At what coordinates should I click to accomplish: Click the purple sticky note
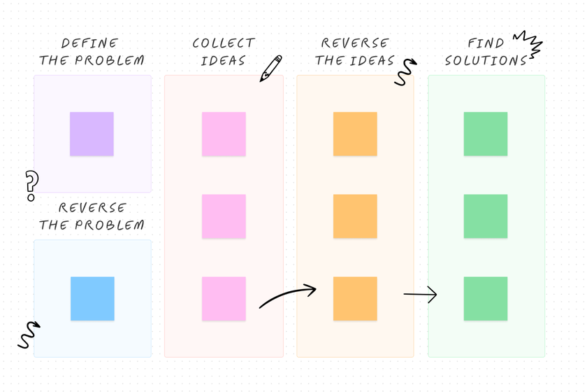(92, 134)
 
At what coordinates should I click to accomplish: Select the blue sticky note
(92, 298)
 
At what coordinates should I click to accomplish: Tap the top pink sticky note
(224, 134)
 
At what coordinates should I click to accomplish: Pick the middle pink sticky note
(224, 216)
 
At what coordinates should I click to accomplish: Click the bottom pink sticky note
(224, 298)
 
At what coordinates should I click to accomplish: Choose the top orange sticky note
(355, 134)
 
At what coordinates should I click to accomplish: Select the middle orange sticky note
(355, 216)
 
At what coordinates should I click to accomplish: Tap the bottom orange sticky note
(355, 298)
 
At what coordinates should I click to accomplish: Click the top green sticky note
(486, 134)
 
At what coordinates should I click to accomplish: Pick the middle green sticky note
(486, 216)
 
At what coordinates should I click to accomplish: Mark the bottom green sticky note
(486, 298)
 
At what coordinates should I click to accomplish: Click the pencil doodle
(270, 68)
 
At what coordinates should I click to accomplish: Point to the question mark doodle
(31, 185)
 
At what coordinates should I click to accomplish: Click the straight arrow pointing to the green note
(420, 295)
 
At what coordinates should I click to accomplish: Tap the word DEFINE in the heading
(90, 43)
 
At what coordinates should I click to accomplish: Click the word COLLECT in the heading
(224, 43)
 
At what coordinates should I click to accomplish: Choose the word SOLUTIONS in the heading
(486, 61)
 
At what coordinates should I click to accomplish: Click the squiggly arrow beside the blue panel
(29, 335)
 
